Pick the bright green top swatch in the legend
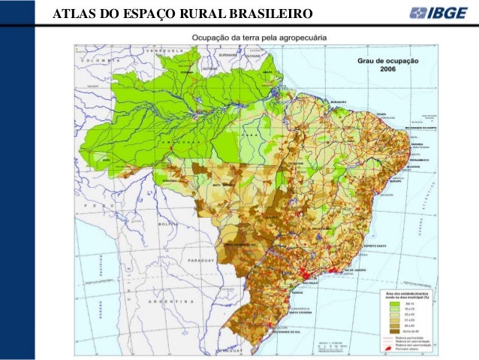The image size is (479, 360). [393, 301]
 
